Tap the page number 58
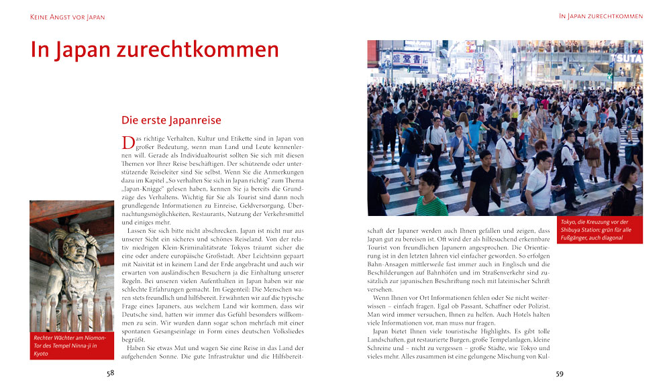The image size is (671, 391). (x=110, y=374)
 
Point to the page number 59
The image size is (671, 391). (x=559, y=374)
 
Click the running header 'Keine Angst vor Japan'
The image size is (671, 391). (x=68, y=16)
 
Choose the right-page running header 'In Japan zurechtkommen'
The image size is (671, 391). (x=601, y=16)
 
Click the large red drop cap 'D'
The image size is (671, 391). (x=127, y=142)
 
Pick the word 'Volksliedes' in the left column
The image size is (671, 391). (x=286, y=331)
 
